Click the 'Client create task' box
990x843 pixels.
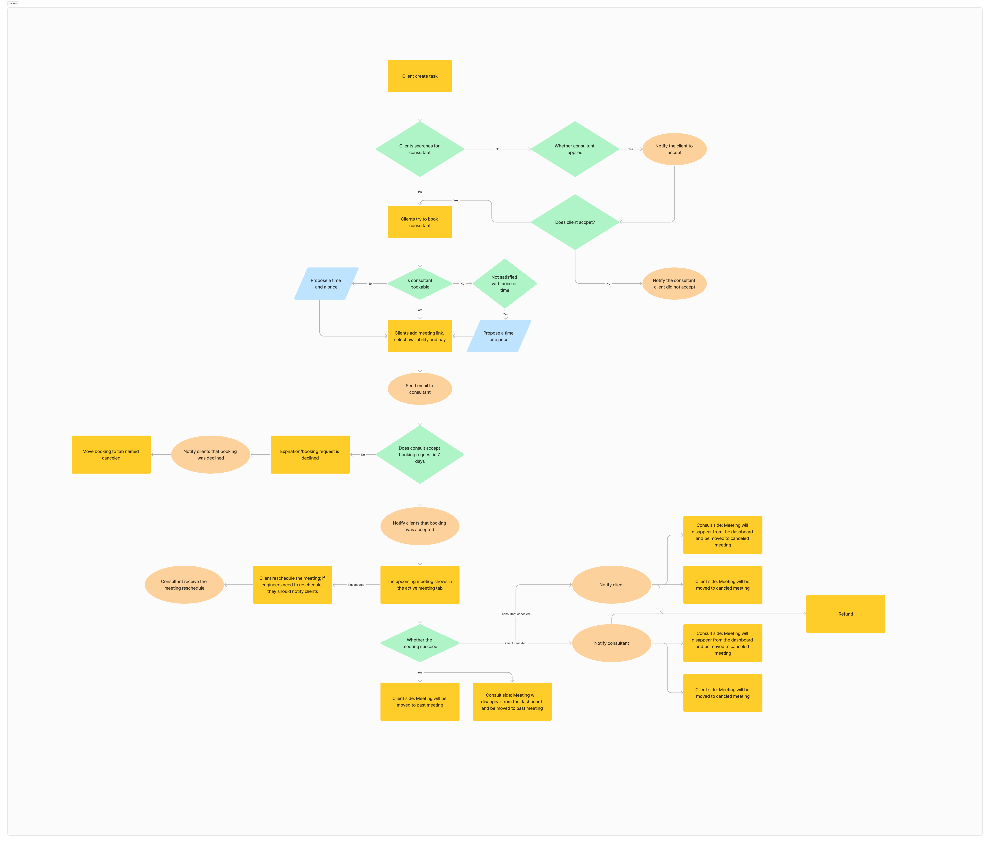click(419, 76)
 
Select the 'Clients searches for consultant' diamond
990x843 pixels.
click(419, 149)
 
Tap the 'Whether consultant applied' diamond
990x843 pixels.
click(575, 149)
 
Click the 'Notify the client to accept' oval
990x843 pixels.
click(674, 149)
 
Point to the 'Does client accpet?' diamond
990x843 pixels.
click(575, 222)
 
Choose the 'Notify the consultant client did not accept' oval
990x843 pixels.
click(674, 284)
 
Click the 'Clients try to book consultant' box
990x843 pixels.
click(419, 222)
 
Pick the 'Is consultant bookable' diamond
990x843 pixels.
click(419, 284)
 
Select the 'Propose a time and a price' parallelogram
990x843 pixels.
click(326, 284)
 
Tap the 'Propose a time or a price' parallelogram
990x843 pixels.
click(498, 336)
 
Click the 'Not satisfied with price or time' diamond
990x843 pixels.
click(505, 284)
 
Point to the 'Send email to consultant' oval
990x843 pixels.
click(419, 389)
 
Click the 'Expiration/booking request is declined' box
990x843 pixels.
click(310, 454)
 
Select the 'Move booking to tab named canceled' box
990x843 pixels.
click(111, 454)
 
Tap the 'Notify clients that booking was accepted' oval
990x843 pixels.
click(419, 526)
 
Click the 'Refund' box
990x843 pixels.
click(845, 614)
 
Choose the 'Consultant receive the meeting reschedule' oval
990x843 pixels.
click(184, 585)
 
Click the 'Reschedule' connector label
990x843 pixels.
click(356, 585)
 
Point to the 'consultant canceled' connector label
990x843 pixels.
click(515, 614)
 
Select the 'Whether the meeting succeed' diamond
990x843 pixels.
click(419, 643)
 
